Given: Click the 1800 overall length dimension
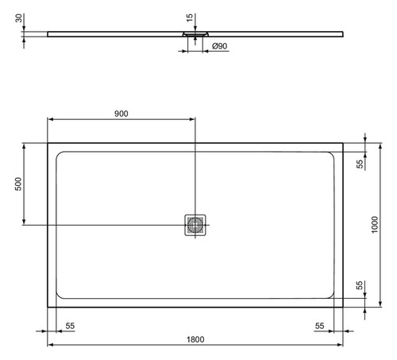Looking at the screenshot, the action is coord(195,339).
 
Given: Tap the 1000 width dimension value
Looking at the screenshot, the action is coord(375,225).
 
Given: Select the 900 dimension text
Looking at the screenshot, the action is coord(121,114).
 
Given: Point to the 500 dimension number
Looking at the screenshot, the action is coord(18,184).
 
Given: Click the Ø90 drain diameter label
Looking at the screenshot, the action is coord(220,46).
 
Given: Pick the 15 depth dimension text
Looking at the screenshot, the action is coord(190,17).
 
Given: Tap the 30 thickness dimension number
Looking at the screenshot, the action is coord(18,18).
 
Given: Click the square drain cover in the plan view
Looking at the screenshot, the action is coord(195,225).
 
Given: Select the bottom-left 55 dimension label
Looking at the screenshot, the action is coord(70,326).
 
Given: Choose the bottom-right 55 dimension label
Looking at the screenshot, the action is coord(319,326).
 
